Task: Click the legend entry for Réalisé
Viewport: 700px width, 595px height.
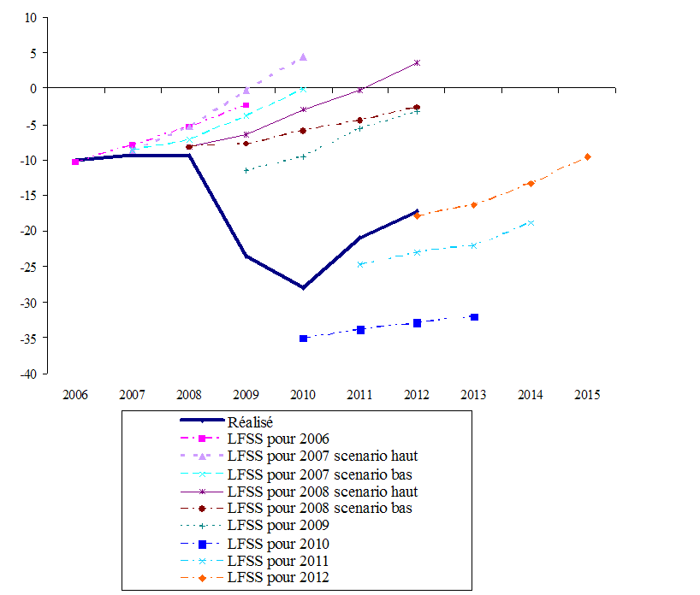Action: pyautogui.click(x=250, y=421)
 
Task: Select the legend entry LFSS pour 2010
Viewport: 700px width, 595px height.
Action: pyautogui.click(x=278, y=543)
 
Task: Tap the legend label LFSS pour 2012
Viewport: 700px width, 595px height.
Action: pyautogui.click(x=278, y=578)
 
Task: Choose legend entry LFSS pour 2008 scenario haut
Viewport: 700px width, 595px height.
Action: pyautogui.click(x=323, y=491)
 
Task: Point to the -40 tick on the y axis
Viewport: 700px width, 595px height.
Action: pyautogui.click(x=29, y=374)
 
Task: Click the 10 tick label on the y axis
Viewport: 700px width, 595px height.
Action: pyautogui.click(x=31, y=17)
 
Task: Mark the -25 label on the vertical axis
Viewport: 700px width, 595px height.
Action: pyautogui.click(x=29, y=267)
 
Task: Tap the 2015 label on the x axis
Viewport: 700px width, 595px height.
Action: pyautogui.click(x=587, y=395)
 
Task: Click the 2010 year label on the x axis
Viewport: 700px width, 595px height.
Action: pyautogui.click(x=303, y=395)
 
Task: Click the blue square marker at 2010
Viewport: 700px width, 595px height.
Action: pyautogui.click(x=303, y=339)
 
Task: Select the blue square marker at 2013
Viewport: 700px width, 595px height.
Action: pyautogui.click(x=474, y=317)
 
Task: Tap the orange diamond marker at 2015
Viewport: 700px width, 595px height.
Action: pyautogui.click(x=587, y=156)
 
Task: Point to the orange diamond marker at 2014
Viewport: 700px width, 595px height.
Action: pyautogui.click(x=531, y=183)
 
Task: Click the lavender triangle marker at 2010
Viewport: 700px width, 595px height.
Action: pyautogui.click(x=303, y=57)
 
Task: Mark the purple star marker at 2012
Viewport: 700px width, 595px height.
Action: pyautogui.click(x=417, y=62)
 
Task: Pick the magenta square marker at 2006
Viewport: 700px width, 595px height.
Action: pyautogui.click(x=75, y=161)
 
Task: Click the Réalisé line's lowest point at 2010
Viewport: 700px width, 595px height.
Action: pyautogui.click(x=303, y=287)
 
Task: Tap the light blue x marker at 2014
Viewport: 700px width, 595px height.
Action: pyautogui.click(x=531, y=222)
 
